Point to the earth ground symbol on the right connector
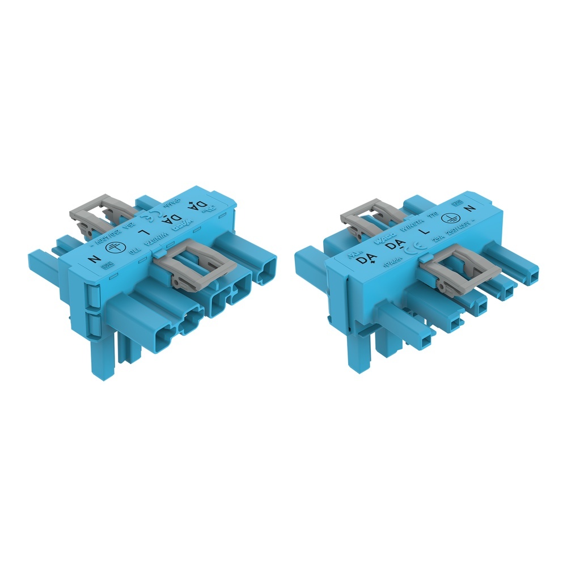[x=453, y=218]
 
